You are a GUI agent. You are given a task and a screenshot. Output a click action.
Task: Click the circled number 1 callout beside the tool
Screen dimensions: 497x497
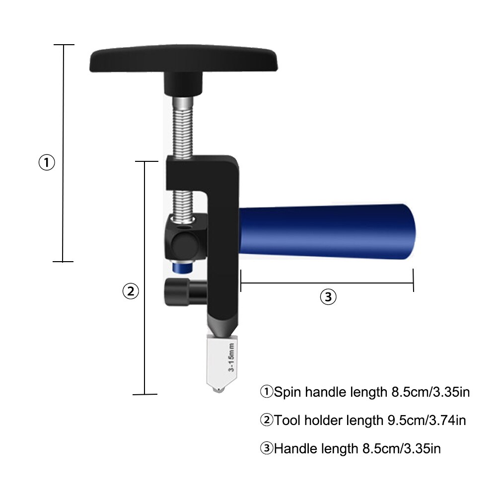click(47, 163)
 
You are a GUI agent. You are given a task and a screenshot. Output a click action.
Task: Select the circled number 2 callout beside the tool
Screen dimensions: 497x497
click(130, 291)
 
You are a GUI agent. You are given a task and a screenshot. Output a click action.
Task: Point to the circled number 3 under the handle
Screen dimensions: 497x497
click(328, 297)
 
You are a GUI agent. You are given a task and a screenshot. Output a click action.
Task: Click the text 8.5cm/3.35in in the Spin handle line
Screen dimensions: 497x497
click(427, 392)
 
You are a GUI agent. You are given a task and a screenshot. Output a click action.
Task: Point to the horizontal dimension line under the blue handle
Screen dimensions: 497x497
click(327, 284)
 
